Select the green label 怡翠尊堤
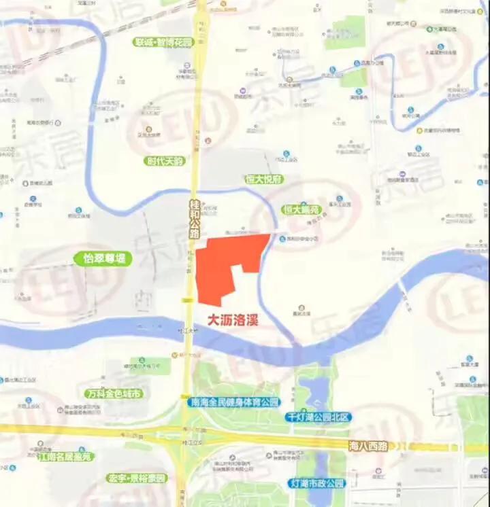pyautogui.click(x=101, y=259)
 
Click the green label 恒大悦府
pyautogui.click(x=264, y=179)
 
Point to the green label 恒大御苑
pyautogui.click(x=301, y=210)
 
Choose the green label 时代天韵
pyautogui.click(x=165, y=162)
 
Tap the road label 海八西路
pyautogui.click(x=367, y=446)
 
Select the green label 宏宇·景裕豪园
pyautogui.click(x=137, y=478)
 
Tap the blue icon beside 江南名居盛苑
pyautogui.click(x=82, y=451)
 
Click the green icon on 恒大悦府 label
pyautogui.click(x=249, y=179)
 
